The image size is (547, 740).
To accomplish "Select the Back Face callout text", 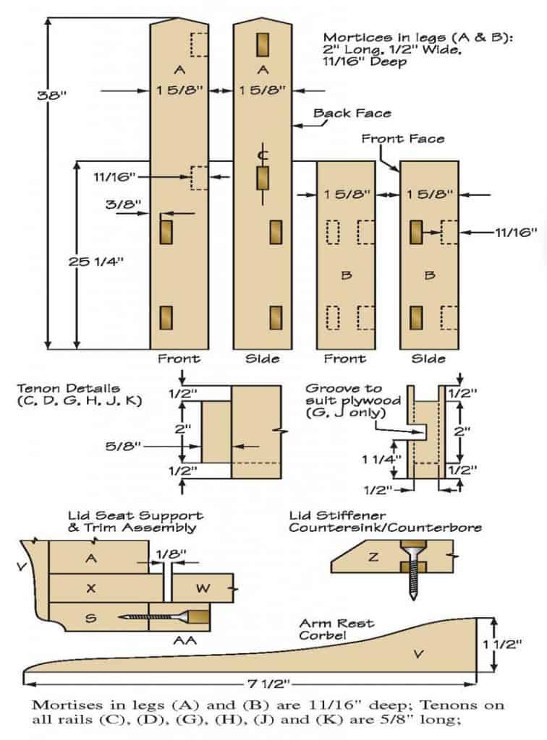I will tap(352, 113).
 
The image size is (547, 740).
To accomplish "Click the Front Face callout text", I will tap(403, 138).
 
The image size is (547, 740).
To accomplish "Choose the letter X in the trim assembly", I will tap(91, 588).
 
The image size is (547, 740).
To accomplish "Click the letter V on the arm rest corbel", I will tap(417, 654).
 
